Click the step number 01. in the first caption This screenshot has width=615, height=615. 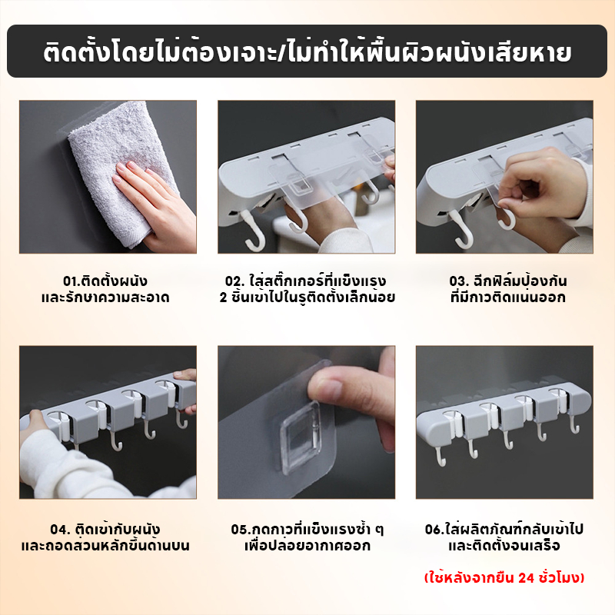point(71,281)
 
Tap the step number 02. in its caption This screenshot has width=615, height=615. point(234,281)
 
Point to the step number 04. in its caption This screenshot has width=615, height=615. point(60,530)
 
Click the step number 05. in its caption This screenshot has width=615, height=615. point(240,530)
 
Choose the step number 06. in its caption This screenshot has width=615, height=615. point(434,530)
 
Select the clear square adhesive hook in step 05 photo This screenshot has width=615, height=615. point(300,437)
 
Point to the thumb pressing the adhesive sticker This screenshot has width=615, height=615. point(337,387)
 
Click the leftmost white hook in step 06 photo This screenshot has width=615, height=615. point(440,456)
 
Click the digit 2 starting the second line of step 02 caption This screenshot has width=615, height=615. point(223,298)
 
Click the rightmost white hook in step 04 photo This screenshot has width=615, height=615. point(181,419)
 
